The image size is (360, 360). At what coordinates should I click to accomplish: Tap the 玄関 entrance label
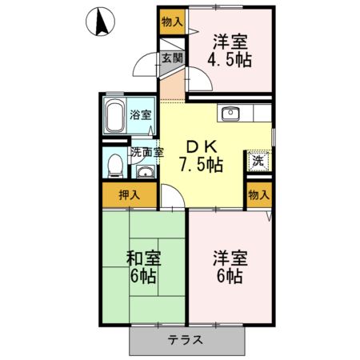(x=172, y=58)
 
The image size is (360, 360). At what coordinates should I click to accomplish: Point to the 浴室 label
(x=141, y=114)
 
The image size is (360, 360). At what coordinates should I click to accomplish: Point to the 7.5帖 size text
(x=202, y=165)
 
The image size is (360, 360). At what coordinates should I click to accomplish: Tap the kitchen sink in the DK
(x=233, y=112)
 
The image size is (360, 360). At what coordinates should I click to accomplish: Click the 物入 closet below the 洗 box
(x=258, y=194)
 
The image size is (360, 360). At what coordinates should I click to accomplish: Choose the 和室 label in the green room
(x=143, y=258)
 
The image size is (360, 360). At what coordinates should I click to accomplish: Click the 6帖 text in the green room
(x=143, y=278)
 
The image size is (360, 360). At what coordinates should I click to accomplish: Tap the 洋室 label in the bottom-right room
(x=229, y=258)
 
